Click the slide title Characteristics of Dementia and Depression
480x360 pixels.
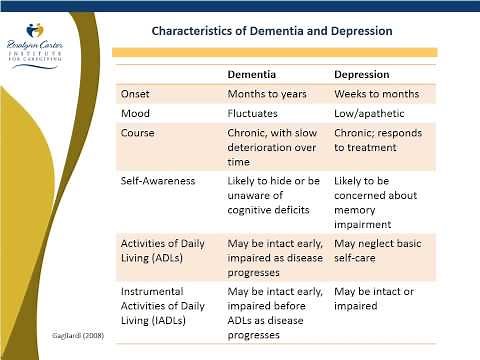[271, 30]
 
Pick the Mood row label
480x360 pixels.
[135, 113]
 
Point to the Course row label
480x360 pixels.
[138, 132]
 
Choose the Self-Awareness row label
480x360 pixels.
[158, 181]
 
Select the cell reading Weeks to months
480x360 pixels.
[376, 93]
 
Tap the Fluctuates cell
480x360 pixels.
[258, 113]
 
